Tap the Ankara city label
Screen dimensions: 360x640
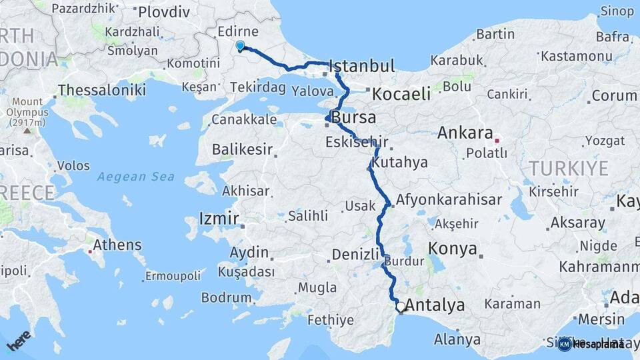point(465,133)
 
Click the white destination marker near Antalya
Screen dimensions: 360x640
point(401,307)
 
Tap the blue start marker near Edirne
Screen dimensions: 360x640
point(240,45)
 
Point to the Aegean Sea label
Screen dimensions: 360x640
point(135,177)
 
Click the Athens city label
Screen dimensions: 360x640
point(116,245)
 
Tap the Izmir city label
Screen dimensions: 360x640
point(219,218)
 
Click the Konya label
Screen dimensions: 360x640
point(453,249)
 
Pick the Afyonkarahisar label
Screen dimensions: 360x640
point(449,199)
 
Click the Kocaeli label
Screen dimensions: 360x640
point(401,94)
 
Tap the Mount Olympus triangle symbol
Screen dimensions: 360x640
point(27,131)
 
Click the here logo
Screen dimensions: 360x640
point(20,341)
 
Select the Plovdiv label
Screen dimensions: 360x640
point(163,12)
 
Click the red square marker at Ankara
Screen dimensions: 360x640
point(497,141)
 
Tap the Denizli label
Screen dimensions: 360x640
point(355,254)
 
